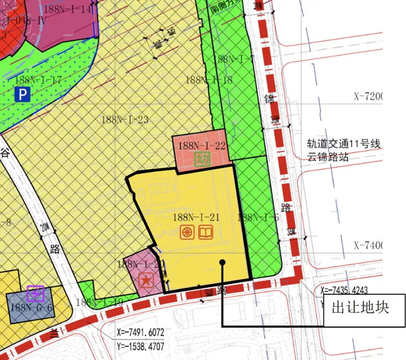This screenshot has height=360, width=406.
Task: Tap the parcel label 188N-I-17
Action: click(38, 80)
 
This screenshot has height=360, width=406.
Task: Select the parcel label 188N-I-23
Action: click(125, 120)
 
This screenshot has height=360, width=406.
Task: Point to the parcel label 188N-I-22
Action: click(202, 146)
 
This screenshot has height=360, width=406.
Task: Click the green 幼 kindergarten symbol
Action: click(202, 159)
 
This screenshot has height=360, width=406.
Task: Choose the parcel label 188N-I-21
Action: click(195, 217)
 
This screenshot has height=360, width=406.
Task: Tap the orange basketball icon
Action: click(187, 233)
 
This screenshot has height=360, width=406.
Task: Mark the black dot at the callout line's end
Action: click(223, 262)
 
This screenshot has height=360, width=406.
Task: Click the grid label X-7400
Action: click(368, 245)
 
